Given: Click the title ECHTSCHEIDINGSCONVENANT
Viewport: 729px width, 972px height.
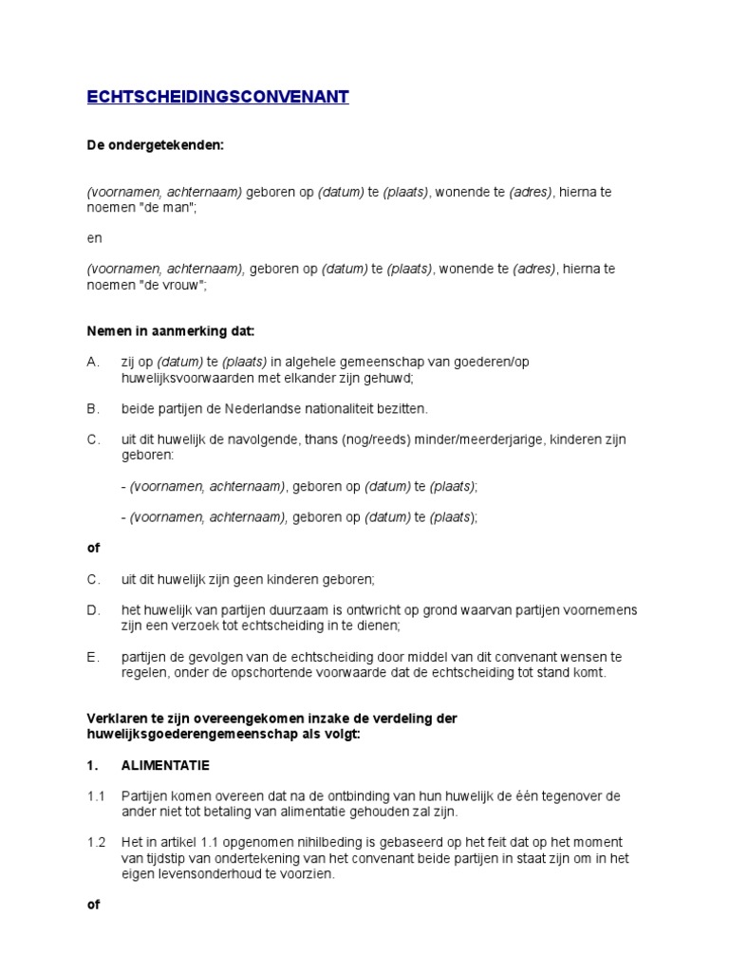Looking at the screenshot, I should [x=217, y=97].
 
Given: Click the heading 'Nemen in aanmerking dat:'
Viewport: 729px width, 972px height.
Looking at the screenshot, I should [x=171, y=331].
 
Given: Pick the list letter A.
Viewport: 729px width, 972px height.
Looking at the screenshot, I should [x=92, y=363].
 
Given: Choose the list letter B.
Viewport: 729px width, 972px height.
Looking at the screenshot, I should [x=92, y=409].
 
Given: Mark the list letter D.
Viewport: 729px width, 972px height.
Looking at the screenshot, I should [x=92, y=609].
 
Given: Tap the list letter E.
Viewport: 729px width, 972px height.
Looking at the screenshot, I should [x=92, y=657].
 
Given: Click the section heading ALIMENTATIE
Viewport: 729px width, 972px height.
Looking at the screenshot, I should [x=165, y=765].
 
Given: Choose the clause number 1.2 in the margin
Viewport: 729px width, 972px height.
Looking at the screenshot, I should [x=96, y=843].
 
